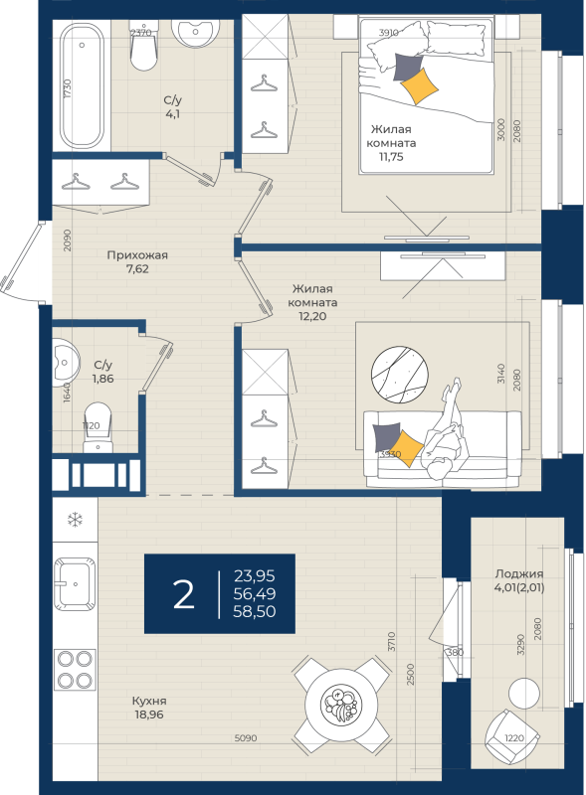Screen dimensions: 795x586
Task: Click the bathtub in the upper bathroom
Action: pos(81,87)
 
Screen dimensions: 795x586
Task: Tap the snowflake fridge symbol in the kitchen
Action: pos(75,520)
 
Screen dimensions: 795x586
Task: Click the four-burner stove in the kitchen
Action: pos(76,668)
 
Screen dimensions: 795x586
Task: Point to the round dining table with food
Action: pos(340,705)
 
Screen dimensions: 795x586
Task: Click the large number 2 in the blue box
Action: pos(183,593)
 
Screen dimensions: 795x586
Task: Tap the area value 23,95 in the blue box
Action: pos(254,574)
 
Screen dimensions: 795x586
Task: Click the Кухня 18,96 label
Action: pos(149,707)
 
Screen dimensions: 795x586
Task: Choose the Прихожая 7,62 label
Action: pos(137,261)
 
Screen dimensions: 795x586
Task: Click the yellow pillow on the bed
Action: pos(420,85)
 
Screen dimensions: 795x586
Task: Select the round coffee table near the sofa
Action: pos(400,377)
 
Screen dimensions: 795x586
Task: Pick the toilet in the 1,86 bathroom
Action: pos(98,417)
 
